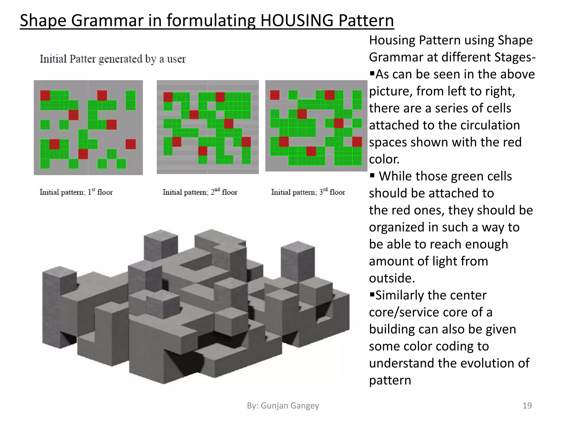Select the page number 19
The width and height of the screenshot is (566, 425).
coord(527,405)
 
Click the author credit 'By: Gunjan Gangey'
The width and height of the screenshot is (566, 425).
coord(283,405)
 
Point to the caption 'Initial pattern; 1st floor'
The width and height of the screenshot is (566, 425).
coord(76,192)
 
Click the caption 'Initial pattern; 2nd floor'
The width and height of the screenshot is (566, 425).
coord(200,192)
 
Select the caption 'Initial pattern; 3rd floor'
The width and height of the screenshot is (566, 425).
coord(308,192)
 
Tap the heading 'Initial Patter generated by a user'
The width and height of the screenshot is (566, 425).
coord(112,59)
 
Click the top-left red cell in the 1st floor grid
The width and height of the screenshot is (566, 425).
coord(45,95)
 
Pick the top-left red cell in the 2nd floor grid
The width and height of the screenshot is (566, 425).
coord(168,97)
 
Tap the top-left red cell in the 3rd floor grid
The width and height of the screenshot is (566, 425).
coord(275,95)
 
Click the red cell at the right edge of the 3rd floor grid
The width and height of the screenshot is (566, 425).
coord(357,142)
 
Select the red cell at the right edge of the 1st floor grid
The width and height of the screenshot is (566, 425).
coord(131,144)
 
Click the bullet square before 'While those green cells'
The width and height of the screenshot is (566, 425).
coord(372,175)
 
